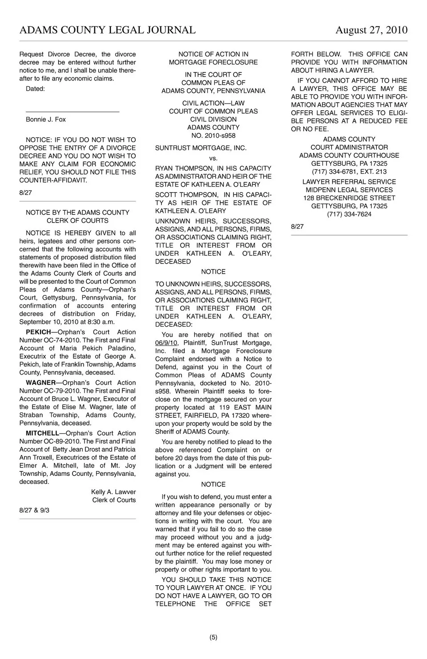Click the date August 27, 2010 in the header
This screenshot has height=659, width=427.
point(371,30)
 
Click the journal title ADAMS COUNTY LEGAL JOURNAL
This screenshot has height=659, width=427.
point(108,30)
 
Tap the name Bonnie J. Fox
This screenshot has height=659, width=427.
point(46,120)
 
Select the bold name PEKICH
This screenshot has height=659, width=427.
point(39,332)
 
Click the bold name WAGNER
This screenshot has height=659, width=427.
point(41,383)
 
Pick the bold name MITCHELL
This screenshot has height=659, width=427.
point(42,433)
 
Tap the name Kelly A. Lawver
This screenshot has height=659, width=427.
point(113,492)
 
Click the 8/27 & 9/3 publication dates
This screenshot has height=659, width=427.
point(34,511)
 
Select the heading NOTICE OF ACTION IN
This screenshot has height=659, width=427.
point(213,54)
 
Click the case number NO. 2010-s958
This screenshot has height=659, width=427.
point(213,136)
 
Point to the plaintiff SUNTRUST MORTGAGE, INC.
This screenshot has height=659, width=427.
point(201,148)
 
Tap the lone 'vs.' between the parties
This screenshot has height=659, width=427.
point(213,158)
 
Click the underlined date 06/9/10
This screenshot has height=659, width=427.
point(166,343)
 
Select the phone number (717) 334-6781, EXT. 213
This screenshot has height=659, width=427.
point(349,172)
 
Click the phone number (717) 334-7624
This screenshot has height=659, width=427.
point(349,214)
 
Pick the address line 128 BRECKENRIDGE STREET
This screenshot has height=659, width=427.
point(349,198)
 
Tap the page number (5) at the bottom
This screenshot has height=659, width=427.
point(213,637)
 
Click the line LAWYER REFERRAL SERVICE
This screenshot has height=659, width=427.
point(349,182)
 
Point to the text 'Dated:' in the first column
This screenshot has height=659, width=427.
point(35,89)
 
